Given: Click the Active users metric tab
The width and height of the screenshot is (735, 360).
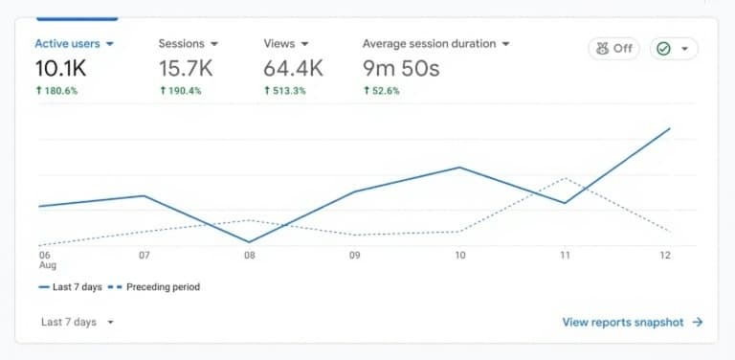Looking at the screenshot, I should [x=74, y=44].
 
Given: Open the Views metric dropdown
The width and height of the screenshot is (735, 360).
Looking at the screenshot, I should [x=304, y=44].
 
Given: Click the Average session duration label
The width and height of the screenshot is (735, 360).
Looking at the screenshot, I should [x=429, y=44].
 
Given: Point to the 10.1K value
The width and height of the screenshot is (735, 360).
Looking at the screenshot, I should [x=60, y=68].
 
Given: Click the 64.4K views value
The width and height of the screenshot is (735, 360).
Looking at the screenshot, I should [x=293, y=68].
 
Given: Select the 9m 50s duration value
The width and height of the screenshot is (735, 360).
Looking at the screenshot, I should [x=401, y=68].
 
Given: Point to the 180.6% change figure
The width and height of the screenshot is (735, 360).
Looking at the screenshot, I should [x=58, y=91].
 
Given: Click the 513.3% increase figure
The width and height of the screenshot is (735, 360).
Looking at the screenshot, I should [x=286, y=91].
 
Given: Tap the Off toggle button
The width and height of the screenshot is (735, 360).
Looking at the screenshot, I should [x=614, y=49].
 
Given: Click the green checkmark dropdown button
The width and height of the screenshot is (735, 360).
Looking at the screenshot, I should [x=674, y=49].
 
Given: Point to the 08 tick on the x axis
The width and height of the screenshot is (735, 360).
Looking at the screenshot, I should [x=249, y=256].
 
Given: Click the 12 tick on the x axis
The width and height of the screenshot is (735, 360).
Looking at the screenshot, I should [x=666, y=256].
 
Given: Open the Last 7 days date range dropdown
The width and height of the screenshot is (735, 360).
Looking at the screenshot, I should [x=77, y=323].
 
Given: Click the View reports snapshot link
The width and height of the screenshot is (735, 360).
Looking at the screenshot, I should [x=632, y=323].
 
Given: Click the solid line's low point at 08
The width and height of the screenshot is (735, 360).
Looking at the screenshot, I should [x=249, y=242].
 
